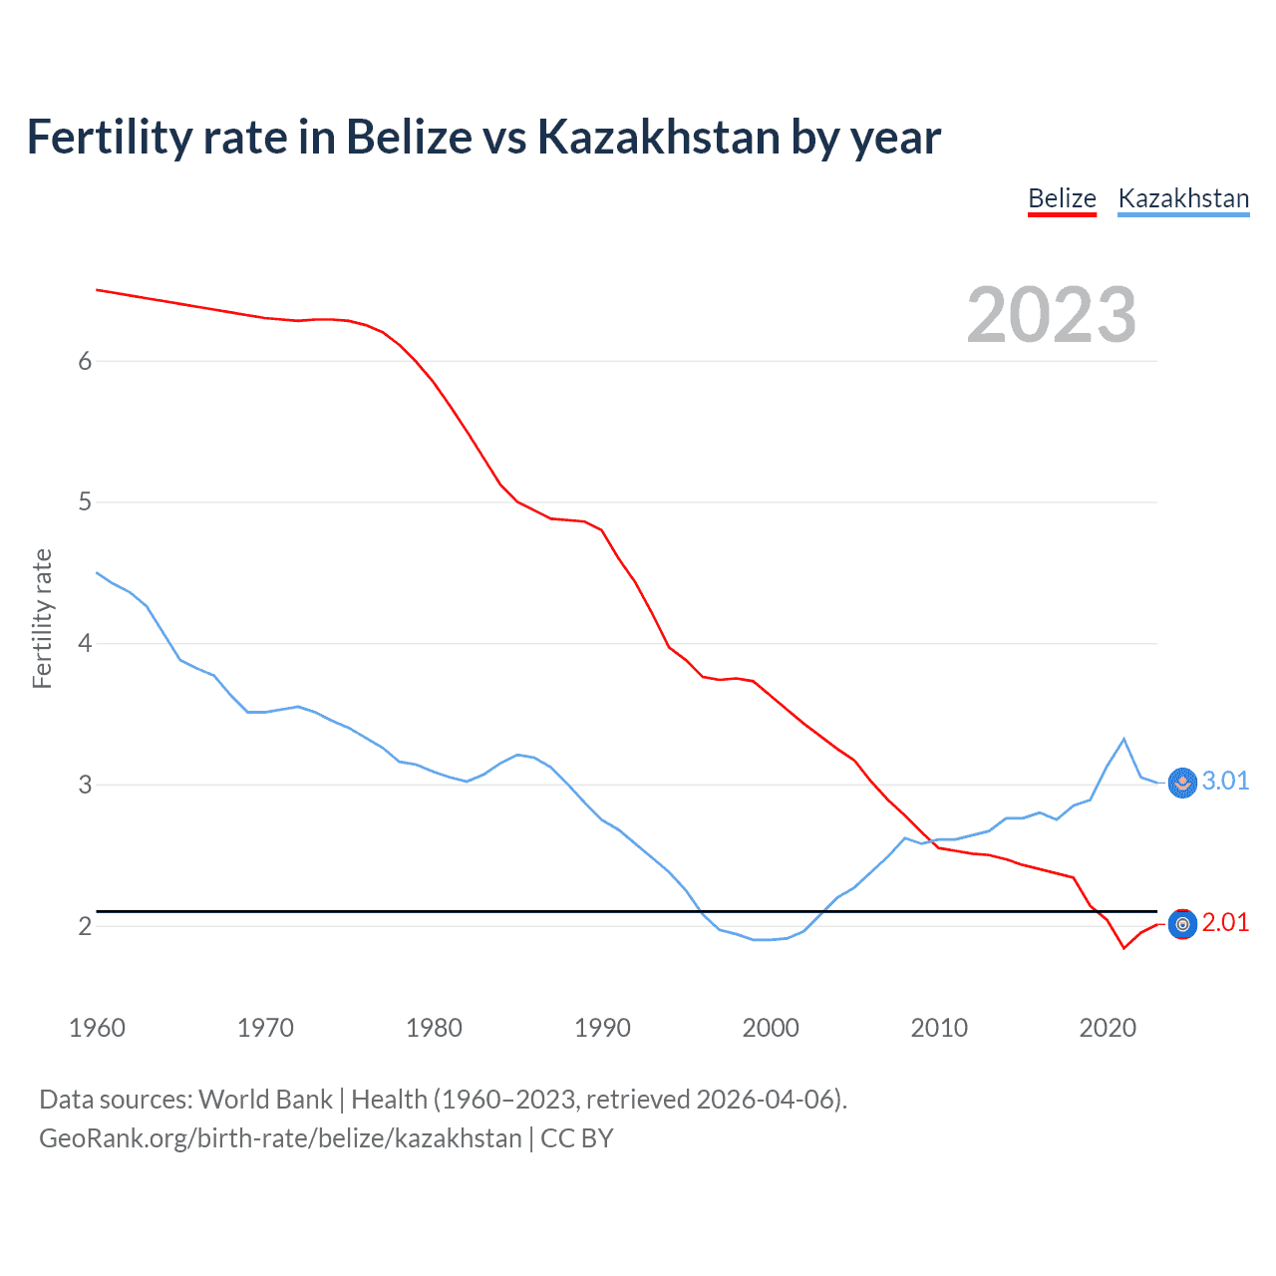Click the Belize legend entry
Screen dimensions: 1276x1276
click(1062, 198)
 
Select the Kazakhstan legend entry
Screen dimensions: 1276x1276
click(1183, 198)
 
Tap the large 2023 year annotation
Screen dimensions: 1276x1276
click(1051, 315)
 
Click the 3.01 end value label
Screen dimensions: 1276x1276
click(1225, 781)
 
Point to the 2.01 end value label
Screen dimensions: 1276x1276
click(1225, 923)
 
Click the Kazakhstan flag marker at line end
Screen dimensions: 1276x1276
click(1182, 783)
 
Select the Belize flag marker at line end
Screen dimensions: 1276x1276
click(1182, 925)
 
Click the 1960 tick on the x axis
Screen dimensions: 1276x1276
click(97, 1028)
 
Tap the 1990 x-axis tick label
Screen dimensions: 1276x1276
click(602, 1028)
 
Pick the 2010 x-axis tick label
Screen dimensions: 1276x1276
click(939, 1028)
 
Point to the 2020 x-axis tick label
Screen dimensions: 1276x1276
click(1108, 1028)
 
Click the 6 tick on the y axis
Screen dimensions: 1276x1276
click(85, 361)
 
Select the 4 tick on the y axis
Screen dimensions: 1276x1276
click(85, 643)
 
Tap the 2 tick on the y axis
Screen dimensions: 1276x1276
click(85, 926)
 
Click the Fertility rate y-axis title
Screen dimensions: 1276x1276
click(42, 618)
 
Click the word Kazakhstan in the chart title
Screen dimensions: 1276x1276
click(658, 138)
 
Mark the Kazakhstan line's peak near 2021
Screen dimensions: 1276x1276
click(1124, 739)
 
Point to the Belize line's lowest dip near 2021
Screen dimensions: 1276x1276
click(1124, 948)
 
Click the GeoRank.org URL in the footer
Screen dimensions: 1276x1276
click(280, 1138)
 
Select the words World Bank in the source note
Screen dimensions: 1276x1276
click(265, 1100)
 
